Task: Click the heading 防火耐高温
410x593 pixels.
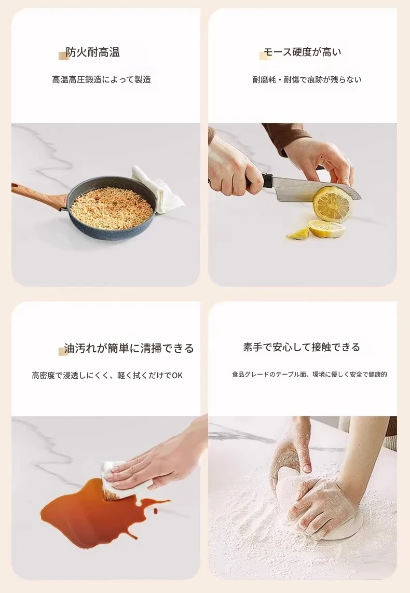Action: tap(93, 52)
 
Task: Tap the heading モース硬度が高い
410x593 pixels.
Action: tap(302, 52)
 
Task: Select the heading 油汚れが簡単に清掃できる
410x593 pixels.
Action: tap(129, 348)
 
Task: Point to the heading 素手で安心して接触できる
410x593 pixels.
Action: tap(302, 347)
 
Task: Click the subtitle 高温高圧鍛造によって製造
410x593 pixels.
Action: tap(102, 79)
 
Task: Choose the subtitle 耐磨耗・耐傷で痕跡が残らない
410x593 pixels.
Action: tap(307, 79)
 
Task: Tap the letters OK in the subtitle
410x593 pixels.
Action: tap(177, 375)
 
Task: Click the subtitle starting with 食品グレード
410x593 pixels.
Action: tap(309, 375)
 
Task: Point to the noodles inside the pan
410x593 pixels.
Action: tap(112, 208)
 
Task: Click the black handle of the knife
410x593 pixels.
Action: tap(258, 180)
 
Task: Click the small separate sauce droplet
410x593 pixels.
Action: tap(155, 512)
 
